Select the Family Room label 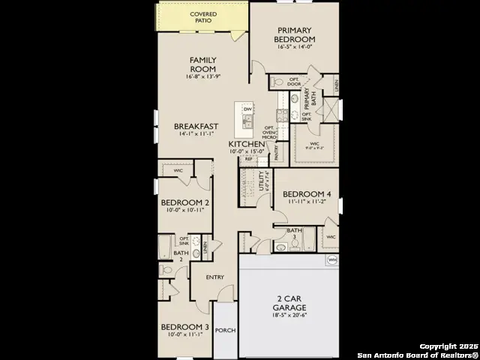202,64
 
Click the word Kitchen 246,143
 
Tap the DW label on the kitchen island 247,109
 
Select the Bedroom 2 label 185,202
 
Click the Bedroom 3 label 185,327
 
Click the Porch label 225,330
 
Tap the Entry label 215,277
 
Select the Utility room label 262,181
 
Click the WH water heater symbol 331,260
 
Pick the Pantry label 277,154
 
